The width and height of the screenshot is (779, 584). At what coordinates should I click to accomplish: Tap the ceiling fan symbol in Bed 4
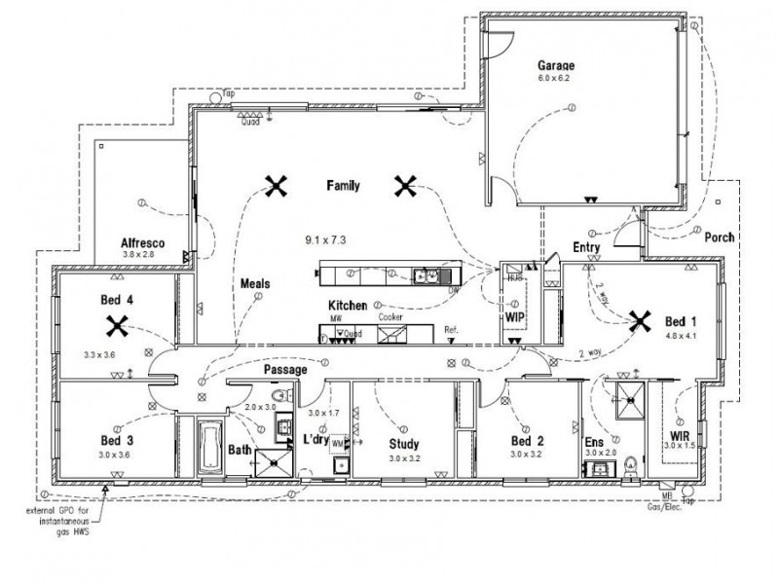pyautogui.click(x=117, y=324)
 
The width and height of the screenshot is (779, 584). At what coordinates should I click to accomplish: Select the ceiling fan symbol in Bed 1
pyautogui.click(x=640, y=318)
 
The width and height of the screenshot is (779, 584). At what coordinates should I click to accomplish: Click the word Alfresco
pyautogui.click(x=142, y=242)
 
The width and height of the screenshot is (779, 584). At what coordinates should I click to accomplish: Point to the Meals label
pyautogui.click(x=255, y=284)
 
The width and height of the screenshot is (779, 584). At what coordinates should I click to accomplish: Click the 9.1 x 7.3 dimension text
pyautogui.click(x=326, y=238)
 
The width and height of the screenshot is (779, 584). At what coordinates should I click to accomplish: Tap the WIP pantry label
pyautogui.click(x=515, y=317)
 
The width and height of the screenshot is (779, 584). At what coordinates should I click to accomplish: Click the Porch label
pyautogui.click(x=719, y=237)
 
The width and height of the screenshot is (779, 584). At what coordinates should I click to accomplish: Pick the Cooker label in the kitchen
pyautogui.click(x=391, y=317)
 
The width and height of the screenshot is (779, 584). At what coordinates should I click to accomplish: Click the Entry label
pyautogui.click(x=586, y=247)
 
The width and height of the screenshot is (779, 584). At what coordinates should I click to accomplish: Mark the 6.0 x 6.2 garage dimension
pyautogui.click(x=553, y=78)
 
